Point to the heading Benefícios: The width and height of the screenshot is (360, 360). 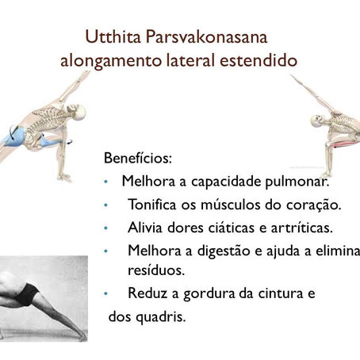[x=137, y=157]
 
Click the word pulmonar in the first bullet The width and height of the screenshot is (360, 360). [x=294, y=181]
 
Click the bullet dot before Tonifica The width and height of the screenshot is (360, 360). [x=106, y=205]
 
